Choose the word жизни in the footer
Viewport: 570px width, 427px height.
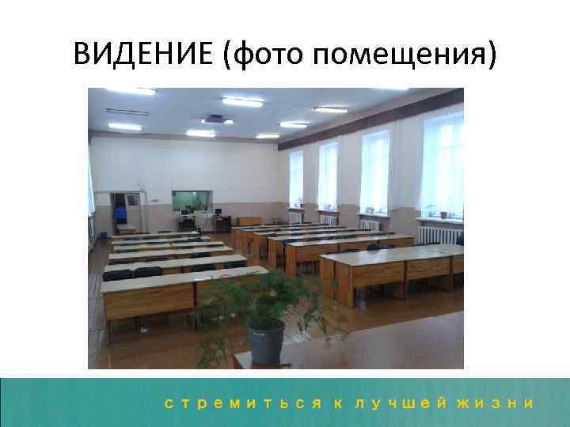click(x=499, y=403)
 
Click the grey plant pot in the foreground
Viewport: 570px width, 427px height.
click(x=266, y=339)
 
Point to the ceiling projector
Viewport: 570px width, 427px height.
click(x=215, y=119)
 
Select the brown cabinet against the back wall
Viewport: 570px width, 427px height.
click(x=249, y=221)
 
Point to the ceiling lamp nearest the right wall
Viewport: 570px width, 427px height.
click(x=330, y=110)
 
